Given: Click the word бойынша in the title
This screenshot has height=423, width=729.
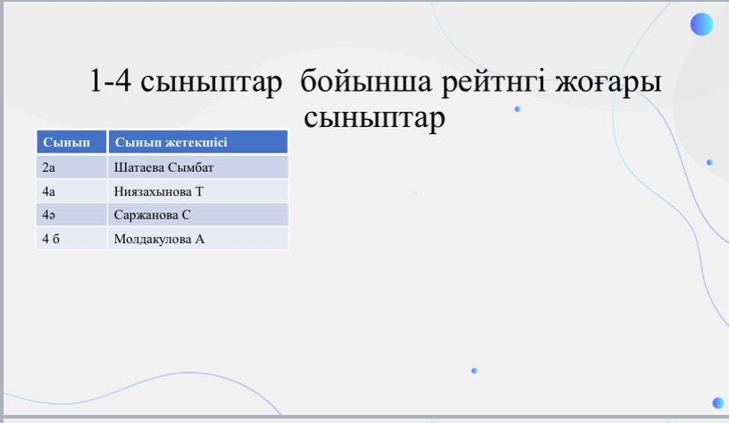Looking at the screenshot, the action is (x=366, y=82).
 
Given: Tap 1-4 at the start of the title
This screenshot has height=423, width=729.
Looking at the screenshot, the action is (x=110, y=80).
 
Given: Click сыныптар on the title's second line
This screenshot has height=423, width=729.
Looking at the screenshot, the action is (x=374, y=119).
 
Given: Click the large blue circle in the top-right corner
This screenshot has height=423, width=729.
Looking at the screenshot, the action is (x=702, y=24).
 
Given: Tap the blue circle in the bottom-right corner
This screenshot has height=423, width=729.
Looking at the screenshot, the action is (x=718, y=403).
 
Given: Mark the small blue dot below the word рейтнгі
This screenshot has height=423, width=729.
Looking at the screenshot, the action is (x=518, y=109).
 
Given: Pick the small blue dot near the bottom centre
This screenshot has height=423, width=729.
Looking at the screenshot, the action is (x=475, y=370).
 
